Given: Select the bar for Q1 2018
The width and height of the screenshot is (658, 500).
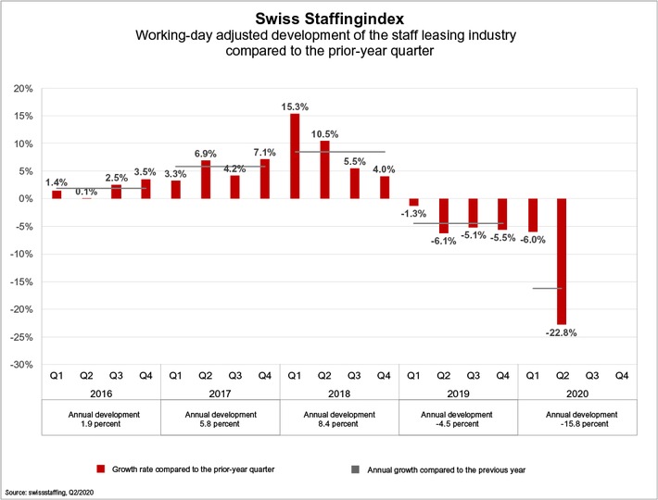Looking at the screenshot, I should tap(295, 156).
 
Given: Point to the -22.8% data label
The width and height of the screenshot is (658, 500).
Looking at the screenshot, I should tap(562, 334).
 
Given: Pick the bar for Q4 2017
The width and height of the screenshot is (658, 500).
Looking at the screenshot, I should tap(265, 179).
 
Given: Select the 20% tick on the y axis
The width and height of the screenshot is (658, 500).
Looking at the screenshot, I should tap(23, 89).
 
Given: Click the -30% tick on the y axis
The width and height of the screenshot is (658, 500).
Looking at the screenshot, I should tap(21, 365).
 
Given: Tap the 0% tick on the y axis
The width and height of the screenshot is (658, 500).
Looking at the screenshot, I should tap(25, 199).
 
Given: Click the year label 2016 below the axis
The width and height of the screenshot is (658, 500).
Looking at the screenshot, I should tap(101, 393).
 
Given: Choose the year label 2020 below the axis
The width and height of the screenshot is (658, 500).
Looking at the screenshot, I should tap(576, 393).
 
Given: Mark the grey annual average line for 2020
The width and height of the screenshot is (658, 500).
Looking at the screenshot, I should tap(547, 288).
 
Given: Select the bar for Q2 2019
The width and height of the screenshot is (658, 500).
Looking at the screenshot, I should tap(443, 216).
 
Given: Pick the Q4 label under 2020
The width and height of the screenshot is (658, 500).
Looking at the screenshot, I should tap(621, 375).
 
